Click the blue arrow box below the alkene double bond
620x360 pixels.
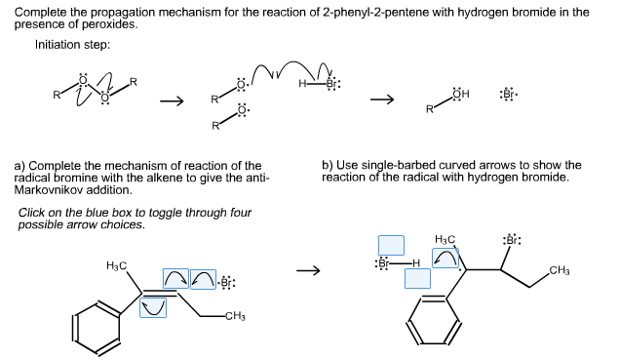152,308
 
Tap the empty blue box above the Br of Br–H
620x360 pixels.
391,245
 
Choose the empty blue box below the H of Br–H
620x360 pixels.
417,278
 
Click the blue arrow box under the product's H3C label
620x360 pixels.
446,258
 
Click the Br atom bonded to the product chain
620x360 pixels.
511,241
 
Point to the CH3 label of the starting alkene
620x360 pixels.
235,315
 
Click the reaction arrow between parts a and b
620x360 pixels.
308,271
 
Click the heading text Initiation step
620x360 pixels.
72,45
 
